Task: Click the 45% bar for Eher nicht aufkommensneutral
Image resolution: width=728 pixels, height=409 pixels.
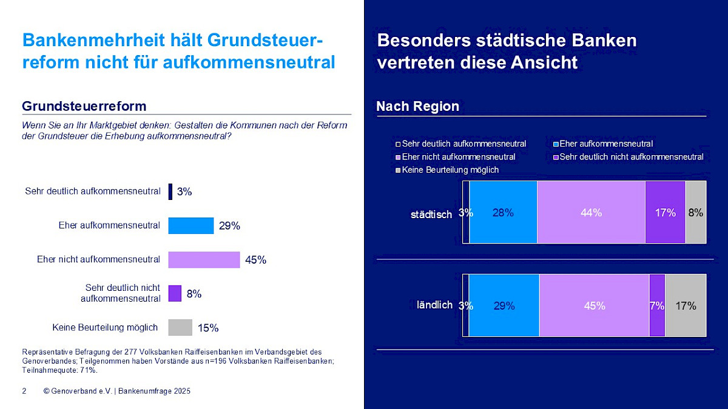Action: pos(204,260)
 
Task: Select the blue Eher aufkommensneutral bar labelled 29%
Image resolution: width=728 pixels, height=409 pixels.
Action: pos(190,225)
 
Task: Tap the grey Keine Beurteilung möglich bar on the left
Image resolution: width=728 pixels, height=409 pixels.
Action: pos(180,328)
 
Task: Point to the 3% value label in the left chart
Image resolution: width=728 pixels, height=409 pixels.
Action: pos(184,191)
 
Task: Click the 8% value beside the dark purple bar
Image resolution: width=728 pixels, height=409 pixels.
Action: pos(194,294)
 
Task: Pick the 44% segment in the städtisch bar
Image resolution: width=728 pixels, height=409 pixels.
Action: pos(591,213)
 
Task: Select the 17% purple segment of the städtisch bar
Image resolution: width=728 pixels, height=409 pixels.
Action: pos(665,213)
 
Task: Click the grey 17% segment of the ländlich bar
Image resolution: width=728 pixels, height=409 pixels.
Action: pos(686,306)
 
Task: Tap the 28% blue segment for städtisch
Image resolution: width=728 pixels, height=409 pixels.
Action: pos(503,213)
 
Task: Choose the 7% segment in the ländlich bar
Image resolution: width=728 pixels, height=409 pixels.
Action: pos(657,306)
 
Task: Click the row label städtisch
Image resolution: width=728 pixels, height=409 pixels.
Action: pos(431,214)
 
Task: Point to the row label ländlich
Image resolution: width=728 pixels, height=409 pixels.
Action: pos(434,305)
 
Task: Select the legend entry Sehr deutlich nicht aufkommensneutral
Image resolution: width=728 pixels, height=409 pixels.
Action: pos(631,157)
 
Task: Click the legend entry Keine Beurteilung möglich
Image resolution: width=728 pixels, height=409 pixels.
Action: pos(450,170)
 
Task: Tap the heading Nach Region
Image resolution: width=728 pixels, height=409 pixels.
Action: pos(417,107)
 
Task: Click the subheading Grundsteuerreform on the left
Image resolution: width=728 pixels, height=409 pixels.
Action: pos(84,107)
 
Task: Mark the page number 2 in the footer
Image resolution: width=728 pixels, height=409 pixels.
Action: pos(24,391)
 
